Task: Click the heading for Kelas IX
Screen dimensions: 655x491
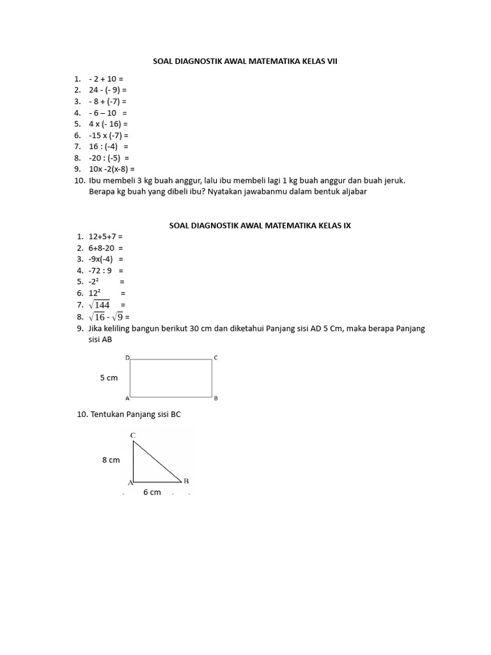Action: (260, 226)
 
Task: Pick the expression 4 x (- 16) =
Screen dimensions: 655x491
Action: (109, 124)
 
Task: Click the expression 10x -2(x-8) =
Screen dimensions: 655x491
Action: (112, 170)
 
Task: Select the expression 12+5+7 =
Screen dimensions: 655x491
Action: (105, 237)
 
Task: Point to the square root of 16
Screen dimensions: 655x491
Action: (97, 317)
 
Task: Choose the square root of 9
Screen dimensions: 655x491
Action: (117, 317)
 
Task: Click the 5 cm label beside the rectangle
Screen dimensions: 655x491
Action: (109, 378)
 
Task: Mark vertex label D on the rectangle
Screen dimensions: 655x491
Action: (127, 358)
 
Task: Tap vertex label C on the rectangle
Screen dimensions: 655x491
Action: (215, 358)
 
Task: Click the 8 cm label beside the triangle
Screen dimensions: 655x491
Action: (111, 460)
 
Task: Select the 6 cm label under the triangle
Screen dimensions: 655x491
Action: (152, 493)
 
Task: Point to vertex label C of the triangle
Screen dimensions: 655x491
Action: (132, 436)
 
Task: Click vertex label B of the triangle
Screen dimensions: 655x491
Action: (185, 480)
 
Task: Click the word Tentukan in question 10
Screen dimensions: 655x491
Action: (106, 414)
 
